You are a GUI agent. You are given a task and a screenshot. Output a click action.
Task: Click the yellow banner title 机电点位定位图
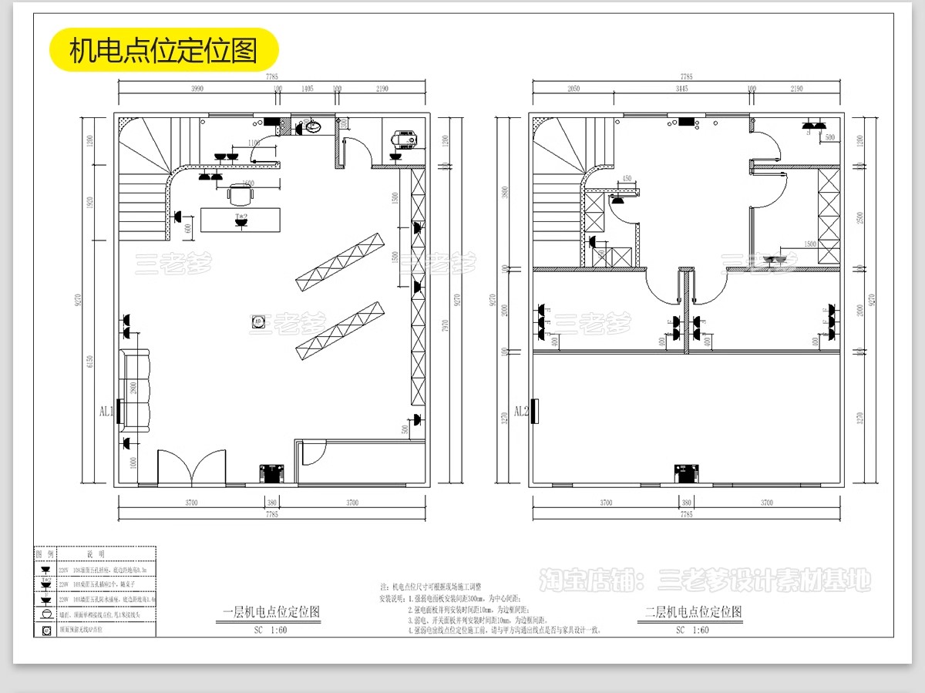tap(163, 50)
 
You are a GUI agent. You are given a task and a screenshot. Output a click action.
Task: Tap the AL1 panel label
tap(106, 411)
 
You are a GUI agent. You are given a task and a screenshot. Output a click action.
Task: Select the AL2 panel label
tap(521, 411)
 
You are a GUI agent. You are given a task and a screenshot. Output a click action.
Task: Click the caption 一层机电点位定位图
tap(270, 613)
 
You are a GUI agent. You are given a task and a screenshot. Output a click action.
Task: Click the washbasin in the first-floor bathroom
tap(314, 126)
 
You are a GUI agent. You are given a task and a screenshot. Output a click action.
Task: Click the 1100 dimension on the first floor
tap(254, 143)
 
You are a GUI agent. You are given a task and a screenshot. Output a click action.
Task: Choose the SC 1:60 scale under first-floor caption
tap(270, 630)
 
